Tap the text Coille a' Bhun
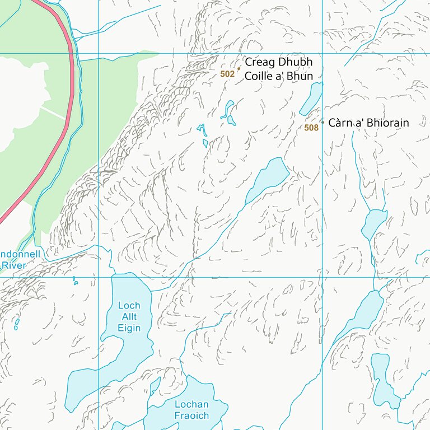[x=278, y=76]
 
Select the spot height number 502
[x=227, y=74]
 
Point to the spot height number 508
[x=311, y=128]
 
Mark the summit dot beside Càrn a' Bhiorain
[x=322, y=121]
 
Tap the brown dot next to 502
[x=239, y=69]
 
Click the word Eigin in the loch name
[x=129, y=328]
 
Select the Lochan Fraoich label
[x=191, y=410]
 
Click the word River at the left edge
[x=13, y=265]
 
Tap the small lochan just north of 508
[x=312, y=98]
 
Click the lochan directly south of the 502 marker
[x=228, y=113]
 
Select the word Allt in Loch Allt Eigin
[x=129, y=317]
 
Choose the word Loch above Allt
[x=129, y=306]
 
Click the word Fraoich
[x=191, y=415]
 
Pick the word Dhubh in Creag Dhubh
[x=295, y=63]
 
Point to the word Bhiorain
[x=387, y=123]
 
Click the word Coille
[x=259, y=76]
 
